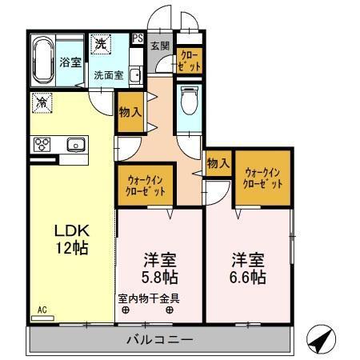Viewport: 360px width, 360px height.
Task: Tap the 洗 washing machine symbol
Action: [101, 45]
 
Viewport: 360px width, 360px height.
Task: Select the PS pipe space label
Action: [138, 38]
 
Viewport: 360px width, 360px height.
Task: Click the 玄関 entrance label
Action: [159, 46]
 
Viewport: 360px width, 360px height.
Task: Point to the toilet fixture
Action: [190, 102]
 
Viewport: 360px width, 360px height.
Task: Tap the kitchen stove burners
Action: [42, 144]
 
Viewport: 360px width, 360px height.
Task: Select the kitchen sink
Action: [76, 144]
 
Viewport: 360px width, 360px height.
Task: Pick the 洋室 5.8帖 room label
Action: [160, 269]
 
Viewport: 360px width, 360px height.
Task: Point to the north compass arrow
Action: [319, 341]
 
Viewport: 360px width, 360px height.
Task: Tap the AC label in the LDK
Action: [42, 308]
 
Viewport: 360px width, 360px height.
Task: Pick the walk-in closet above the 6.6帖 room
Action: [261, 177]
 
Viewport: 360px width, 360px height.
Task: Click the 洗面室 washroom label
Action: [108, 76]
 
